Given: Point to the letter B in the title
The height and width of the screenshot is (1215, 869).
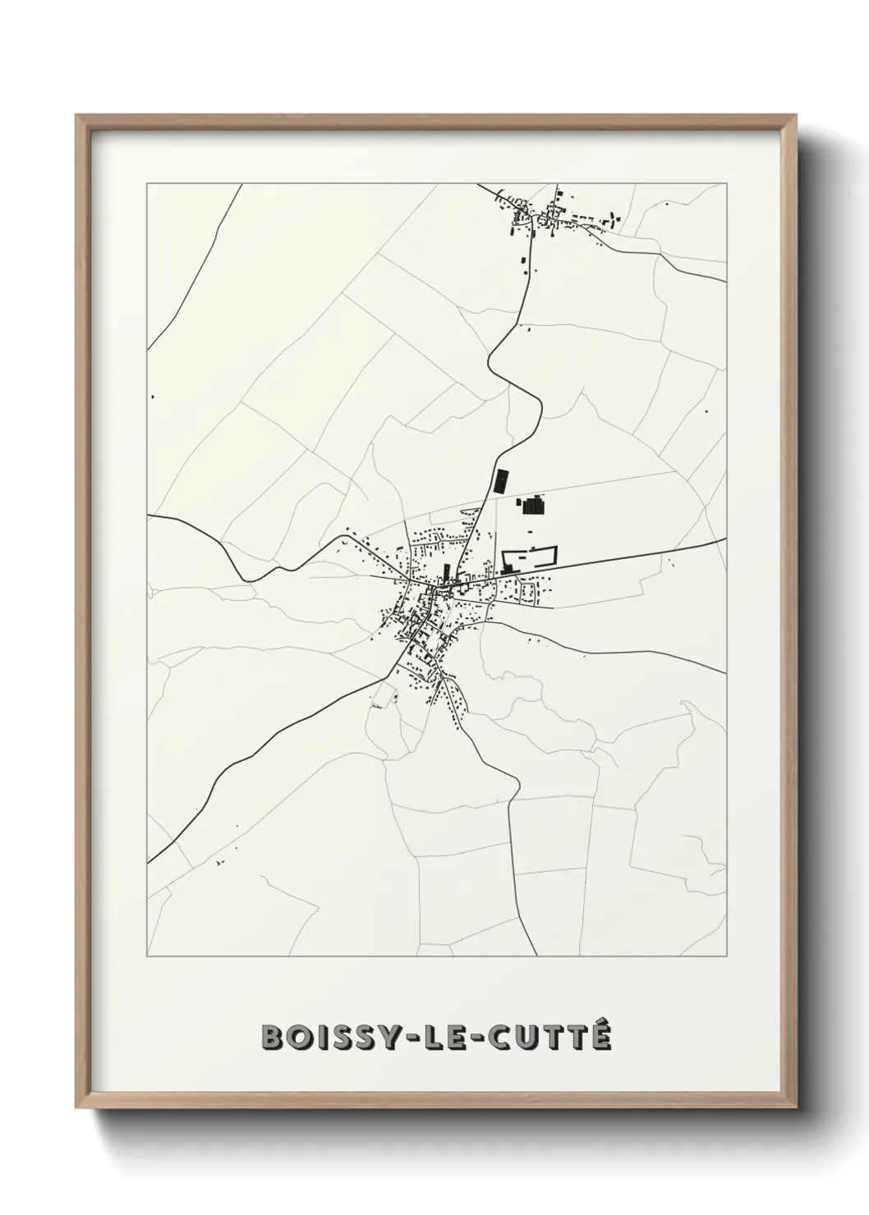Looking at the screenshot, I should tap(269, 1038).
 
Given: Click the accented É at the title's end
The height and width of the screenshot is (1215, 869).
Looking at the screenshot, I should tap(602, 1036).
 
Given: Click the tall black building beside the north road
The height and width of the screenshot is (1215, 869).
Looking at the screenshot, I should tap(499, 480).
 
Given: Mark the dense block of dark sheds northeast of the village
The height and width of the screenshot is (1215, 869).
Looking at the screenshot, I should tap(533, 505).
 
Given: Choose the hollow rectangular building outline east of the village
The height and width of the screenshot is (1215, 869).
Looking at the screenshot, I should tap(529, 559).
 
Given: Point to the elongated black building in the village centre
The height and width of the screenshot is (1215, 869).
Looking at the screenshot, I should tap(447, 572).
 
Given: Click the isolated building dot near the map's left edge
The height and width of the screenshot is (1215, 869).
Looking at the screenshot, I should tap(153, 397).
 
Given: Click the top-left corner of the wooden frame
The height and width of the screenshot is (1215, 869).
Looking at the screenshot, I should tap(76, 115).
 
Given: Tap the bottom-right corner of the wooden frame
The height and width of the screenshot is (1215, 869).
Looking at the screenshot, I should tap(798, 1104).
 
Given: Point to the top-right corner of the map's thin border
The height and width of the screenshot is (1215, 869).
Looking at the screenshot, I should tap(727, 184).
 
